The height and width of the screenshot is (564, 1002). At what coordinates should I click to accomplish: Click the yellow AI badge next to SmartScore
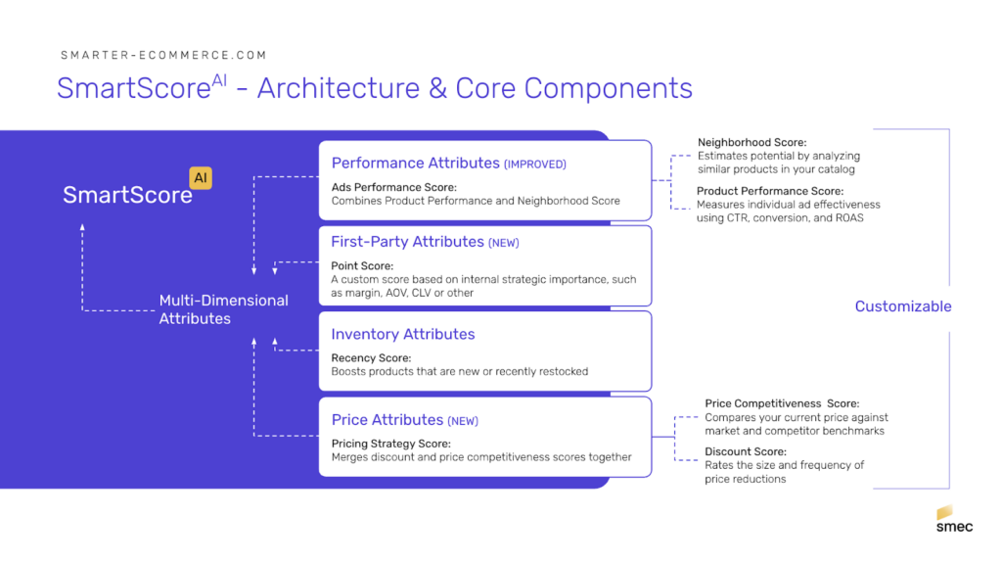[201, 178]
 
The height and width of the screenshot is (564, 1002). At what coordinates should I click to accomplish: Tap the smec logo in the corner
[954, 519]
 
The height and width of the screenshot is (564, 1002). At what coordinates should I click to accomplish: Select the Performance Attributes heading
[415, 164]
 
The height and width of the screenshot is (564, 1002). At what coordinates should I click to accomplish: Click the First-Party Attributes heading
[407, 242]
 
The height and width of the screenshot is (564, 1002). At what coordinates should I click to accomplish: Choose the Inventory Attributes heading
[402, 334]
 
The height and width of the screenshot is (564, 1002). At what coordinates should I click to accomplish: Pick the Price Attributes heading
[387, 419]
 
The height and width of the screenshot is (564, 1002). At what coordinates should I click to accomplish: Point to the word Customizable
[903, 306]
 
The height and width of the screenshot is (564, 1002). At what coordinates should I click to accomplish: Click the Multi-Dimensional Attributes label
[224, 309]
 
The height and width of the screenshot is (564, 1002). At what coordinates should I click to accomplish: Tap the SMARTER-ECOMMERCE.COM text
[163, 55]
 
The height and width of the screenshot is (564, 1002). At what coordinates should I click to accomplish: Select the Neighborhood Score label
[752, 142]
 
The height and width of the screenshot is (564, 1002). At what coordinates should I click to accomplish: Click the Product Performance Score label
[770, 191]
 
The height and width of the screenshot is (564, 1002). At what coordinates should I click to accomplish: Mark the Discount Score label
[746, 451]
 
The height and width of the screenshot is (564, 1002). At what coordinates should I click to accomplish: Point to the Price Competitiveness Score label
[782, 403]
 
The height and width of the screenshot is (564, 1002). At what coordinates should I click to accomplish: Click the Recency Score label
[371, 358]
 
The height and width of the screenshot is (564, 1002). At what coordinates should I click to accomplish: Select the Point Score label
[362, 266]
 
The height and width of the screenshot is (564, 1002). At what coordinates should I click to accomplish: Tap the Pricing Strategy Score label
[391, 444]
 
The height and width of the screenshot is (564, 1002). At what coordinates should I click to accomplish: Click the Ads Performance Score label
[394, 187]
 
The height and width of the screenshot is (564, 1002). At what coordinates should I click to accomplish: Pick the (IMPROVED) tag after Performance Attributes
[535, 164]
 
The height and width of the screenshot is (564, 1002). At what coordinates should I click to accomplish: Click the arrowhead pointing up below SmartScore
[82, 227]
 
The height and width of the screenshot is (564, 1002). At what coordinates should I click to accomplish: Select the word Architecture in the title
[339, 88]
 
